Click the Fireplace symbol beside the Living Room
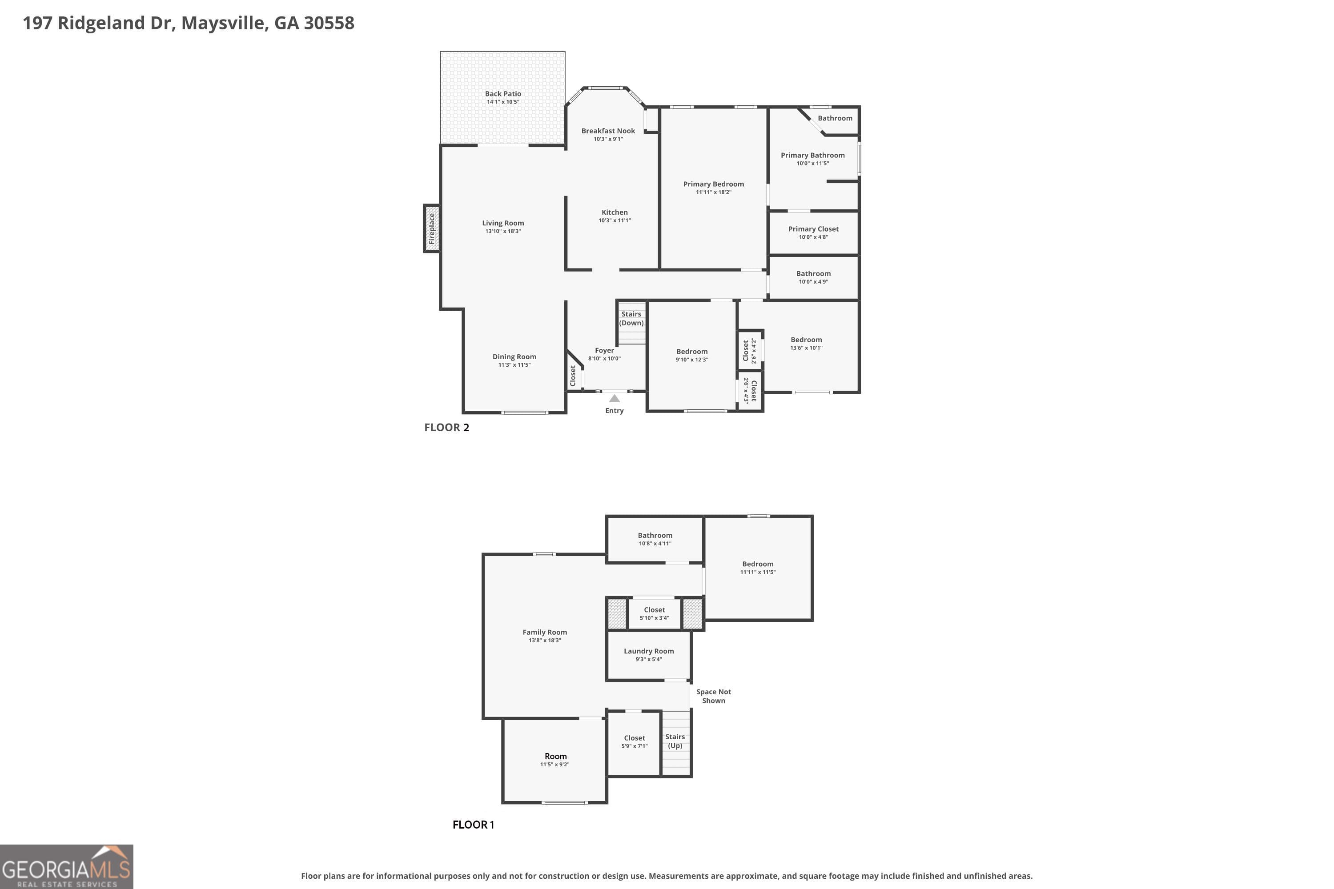pyautogui.click(x=432, y=228)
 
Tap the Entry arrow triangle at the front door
pyautogui.click(x=614, y=399)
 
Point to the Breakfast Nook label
pyautogui.click(x=608, y=131)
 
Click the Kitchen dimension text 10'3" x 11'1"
pyautogui.click(x=614, y=220)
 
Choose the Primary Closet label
pyautogui.click(x=813, y=229)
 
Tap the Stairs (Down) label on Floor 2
pyautogui.click(x=631, y=319)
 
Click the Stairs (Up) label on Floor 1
pyautogui.click(x=675, y=741)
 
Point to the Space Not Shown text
pyautogui.click(x=714, y=696)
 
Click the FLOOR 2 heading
pyautogui.click(x=446, y=428)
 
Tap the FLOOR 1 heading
pyautogui.click(x=473, y=825)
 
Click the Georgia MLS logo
pyautogui.click(x=66, y=866)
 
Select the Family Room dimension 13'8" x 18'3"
pyautogui.click(x=544, y=640)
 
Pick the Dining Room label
pyautogui.click(x=514, y=356)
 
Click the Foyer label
pyautogui.click(x=604, y=350)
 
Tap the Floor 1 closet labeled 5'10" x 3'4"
pyautogui.click(x=654, y=613)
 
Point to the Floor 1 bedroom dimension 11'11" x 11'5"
pyautogui.click(x=757, y=572)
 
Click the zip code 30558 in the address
pyautogui.click(x=329, y=23)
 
